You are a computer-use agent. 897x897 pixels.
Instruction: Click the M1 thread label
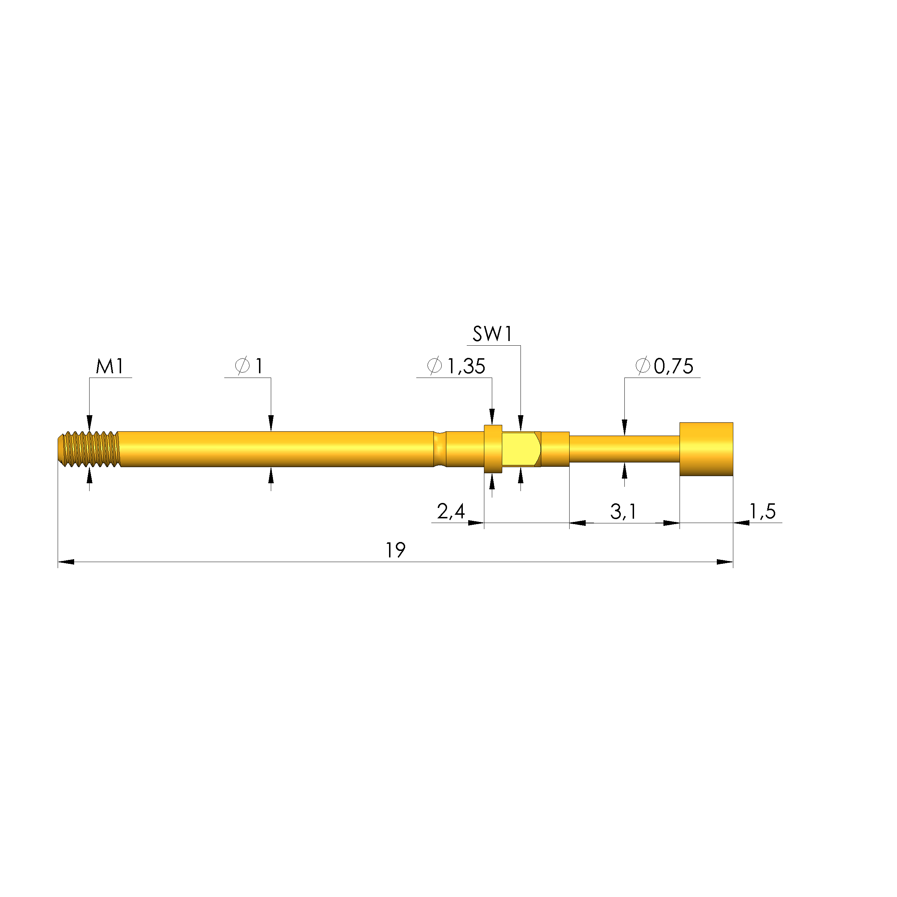click(x=110, y=367)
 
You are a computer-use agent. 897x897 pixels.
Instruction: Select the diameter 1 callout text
click(x=250, y=366)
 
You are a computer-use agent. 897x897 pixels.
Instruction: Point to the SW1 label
click(x=492, y=334)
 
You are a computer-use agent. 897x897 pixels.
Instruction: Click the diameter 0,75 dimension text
click(x=665, y=366)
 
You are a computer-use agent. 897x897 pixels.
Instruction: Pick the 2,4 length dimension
click(x=450, y=512)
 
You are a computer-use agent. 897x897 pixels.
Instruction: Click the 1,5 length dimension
click(x=763, y=511)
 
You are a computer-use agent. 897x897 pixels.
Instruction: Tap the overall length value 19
click(x=395, y=551)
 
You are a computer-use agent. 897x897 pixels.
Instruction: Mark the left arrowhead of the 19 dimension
click(x=66, y=562)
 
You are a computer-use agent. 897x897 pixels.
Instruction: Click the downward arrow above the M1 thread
click(x=90, y=423)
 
